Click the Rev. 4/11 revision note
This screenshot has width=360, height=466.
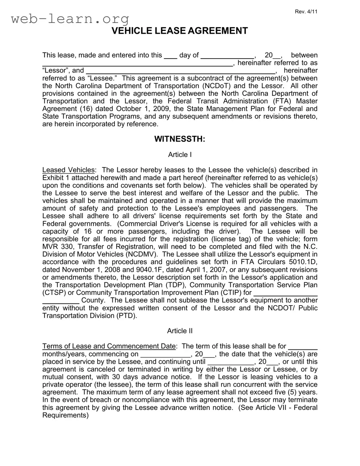(x=306, y=12)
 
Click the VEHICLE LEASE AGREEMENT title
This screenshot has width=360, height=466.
(x=179, y=31)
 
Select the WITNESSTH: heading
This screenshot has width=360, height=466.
(x=179, y=139)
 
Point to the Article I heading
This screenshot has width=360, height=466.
(x=179, y=155)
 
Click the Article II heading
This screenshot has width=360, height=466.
(x=179, y=331)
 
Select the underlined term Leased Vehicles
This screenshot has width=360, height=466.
(x=68, y=170)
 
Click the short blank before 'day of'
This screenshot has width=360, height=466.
(x=171, y=55)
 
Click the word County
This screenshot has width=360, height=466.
(x=93, y=301)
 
